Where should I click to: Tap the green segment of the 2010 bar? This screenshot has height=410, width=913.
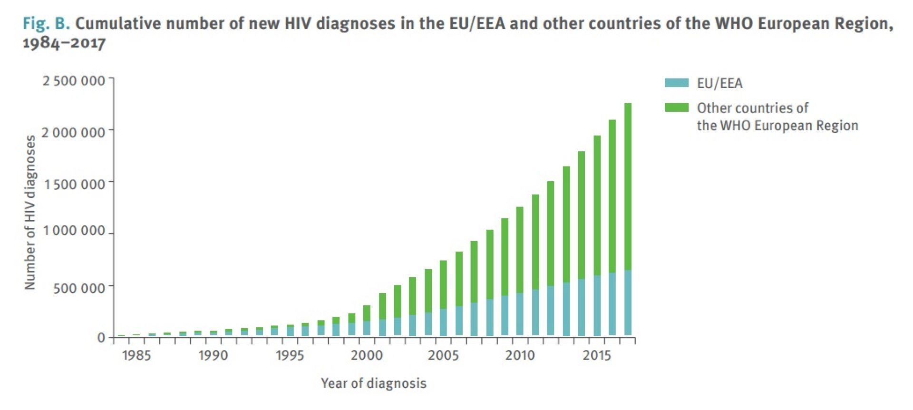pyautogui.click(x=520, y=250)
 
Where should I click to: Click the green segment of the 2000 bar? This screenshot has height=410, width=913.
pyautogui.click(x=367, y=313)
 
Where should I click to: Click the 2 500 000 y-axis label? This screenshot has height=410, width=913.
pyautogui.click(x=74, y=81)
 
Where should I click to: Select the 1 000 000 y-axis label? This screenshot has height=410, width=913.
pyautogui.click(x=74, y=231)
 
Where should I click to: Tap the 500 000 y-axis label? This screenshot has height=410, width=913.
pyautogui.click(x=79, y=288)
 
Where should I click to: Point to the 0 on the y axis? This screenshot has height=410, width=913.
pyautogui.click(x=101, y=338)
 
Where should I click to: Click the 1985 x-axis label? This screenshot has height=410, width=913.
pyautogui.click(x=136, y=356)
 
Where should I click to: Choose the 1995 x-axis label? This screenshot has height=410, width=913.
pyautogui.click(x=290, y=356)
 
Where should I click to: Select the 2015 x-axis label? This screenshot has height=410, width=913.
pyautogui.click(x=596, y=356)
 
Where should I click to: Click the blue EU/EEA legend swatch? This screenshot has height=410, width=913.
pyautogui.click(x=676, y=83)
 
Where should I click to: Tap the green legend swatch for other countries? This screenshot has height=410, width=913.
pyautogui.click(x=676, y=107)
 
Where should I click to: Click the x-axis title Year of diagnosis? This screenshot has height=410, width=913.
pyautogui.click(x=373, y=383)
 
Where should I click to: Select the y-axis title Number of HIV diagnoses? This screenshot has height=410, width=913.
pyautogui.click(x=30, y=212)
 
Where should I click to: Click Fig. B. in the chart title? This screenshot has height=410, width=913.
pyautogui.click(x=46, y=23)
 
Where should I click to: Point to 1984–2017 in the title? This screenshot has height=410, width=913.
pyautogui.click(x=64, y=43)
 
